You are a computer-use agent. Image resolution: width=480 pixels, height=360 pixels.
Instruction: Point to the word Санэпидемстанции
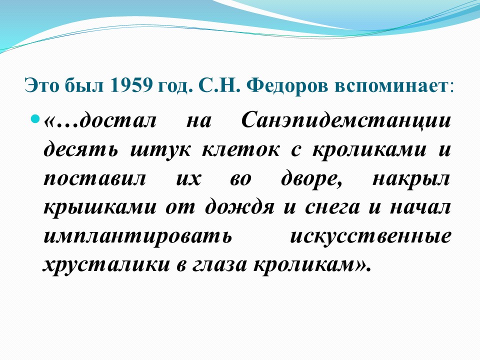point(346,121)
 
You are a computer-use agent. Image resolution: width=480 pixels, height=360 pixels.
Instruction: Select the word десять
point(80,149)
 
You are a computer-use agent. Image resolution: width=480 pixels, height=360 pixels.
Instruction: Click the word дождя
point(239,207)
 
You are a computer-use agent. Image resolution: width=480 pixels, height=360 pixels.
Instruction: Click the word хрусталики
point(106,265)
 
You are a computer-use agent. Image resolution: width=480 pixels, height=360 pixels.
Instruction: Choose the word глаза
point(219,265)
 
